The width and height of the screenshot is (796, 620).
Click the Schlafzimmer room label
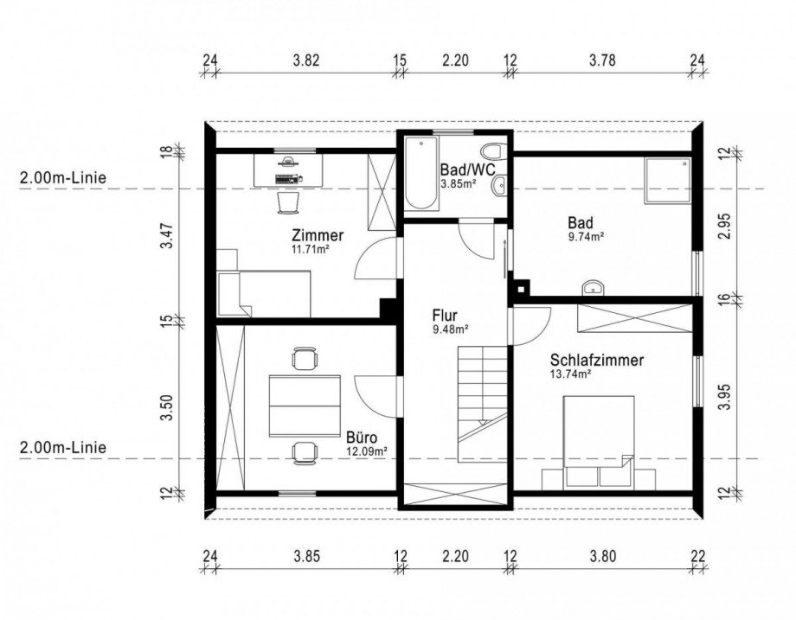[x=597, y=361]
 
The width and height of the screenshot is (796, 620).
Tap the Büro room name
[x=362, y=437]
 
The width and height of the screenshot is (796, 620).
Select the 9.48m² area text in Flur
[x=450, y=329]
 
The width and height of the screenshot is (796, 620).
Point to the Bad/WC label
[x=467, y=169]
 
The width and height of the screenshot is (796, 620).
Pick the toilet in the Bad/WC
[x=492, y=151]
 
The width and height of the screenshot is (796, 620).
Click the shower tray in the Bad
[x=668, y=180]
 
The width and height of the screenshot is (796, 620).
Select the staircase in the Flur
[x=482, y=404]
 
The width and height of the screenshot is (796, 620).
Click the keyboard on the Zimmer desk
[x=287, y=178]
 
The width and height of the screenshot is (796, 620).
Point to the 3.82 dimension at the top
[x=306, y=61]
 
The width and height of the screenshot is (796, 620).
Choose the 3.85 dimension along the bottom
[x=307, y=557]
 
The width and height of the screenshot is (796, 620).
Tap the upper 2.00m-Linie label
[x=63, y=178]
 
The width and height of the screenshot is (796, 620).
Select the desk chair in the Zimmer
[x=288, y=203]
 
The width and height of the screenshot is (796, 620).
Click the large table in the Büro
[x=305, y=406]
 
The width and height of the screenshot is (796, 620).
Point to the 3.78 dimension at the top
[x=602, y=61]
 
